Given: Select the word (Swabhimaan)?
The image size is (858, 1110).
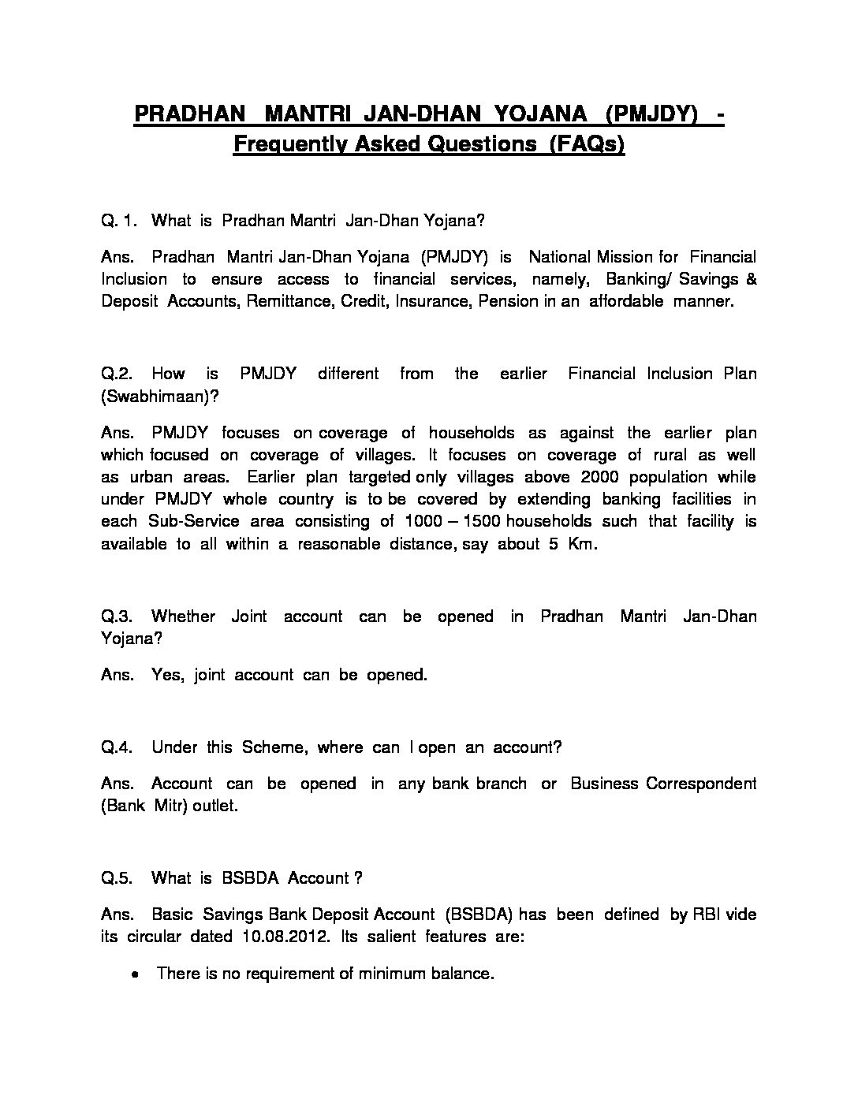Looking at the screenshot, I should click(160, 397).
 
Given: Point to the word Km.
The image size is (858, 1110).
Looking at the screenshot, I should click(582, 544).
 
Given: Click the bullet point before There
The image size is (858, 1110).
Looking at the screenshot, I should click(137, 975).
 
